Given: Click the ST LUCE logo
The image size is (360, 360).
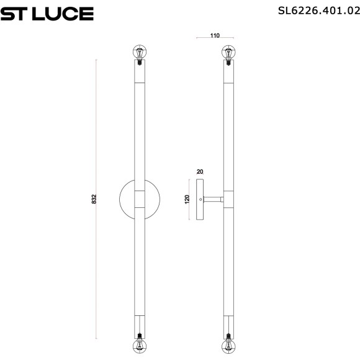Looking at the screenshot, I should pos(47,13).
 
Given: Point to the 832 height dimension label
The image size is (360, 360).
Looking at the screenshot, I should pos(94,199).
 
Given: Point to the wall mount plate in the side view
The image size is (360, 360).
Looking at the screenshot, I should pos(200,199).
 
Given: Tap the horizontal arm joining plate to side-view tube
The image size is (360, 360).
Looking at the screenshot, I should pos(215,199).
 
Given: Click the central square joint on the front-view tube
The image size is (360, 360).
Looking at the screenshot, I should pos(141,199).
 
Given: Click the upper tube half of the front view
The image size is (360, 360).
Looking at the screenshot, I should pos(141,130).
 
